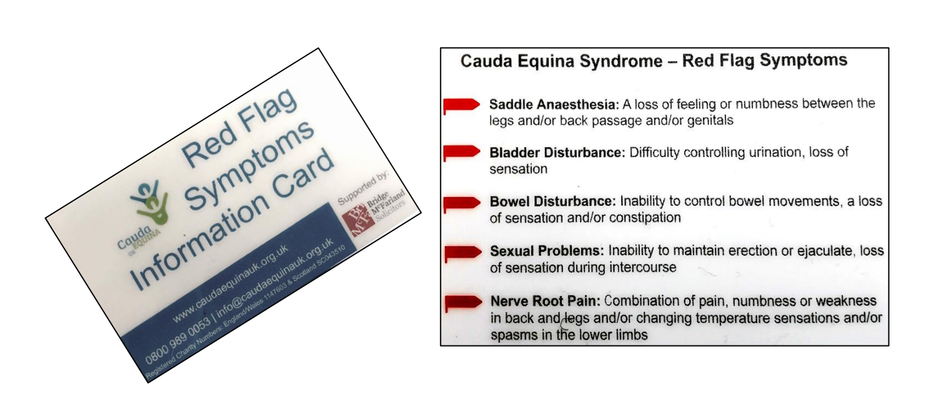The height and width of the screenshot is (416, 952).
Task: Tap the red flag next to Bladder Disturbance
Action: (x=461, y=152)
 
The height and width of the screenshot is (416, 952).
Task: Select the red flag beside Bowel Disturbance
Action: (x=462, y=203)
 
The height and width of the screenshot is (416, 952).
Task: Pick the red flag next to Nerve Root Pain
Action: (x=463, y=302)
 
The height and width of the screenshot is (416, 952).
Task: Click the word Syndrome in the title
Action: (x=621, y=61)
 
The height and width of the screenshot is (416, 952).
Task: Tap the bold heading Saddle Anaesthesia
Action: (x=554, y=104)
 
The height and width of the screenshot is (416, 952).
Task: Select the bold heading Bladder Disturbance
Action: (x=557, y=152)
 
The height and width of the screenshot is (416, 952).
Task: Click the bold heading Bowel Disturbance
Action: (x=552, y=201)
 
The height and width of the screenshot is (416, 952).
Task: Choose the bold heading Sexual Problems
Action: (x=547, y=251)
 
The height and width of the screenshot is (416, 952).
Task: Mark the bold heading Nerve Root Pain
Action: (x=546, y=301)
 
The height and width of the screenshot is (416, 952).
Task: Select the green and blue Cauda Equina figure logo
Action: (x=150, y=201)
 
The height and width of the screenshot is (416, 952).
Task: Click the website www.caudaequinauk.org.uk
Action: (x=231, y=283)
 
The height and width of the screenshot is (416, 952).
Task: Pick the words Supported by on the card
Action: (x=363, y=188)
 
